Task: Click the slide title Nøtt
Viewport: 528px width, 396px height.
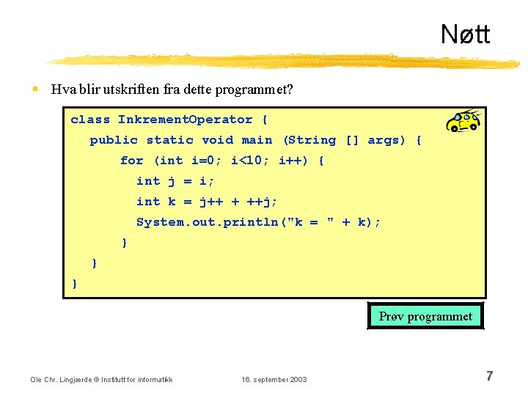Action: tap(465, 34)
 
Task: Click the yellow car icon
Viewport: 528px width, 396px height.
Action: tap(463, 120)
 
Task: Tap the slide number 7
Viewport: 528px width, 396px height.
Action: tap(489, 376)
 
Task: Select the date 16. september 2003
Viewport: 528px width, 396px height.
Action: tap(274, 379)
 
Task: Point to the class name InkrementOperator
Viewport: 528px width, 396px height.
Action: tap(185, 120)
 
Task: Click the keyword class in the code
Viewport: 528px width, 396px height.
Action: tap(90, 120)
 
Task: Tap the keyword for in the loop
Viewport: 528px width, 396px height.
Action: tap(132, 161)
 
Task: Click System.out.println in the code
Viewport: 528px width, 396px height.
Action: tap(209, 222)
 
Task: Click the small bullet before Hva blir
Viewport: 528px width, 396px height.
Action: tap(34, 90)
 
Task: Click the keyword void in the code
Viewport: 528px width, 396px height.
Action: tap(217, 140)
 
